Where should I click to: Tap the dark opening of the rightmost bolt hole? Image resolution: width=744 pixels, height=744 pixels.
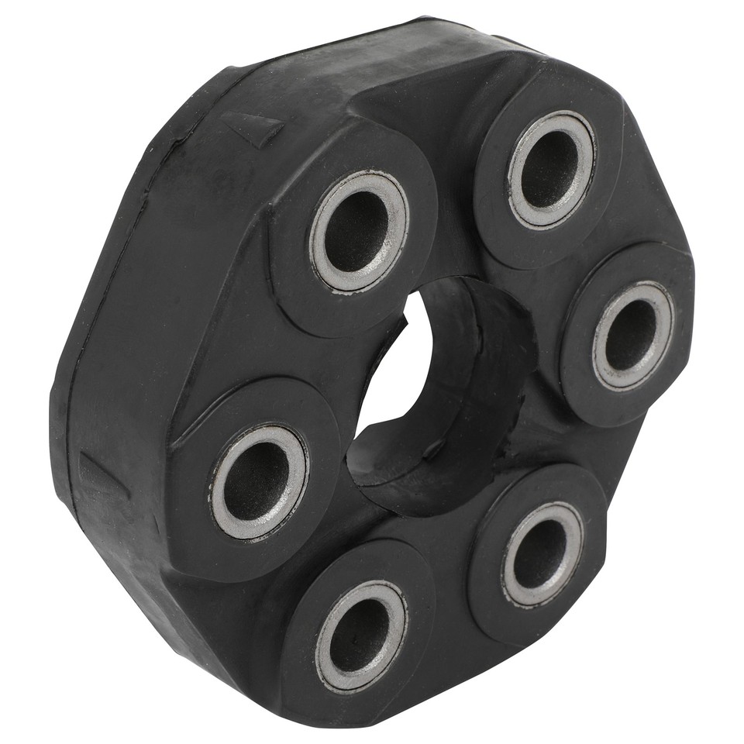(x=631, y=334)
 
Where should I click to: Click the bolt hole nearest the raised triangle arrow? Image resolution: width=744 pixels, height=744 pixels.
(x=358, y=230)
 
